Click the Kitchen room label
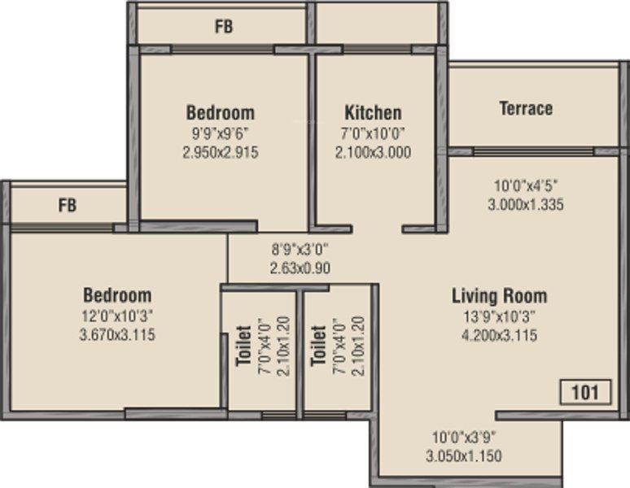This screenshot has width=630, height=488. [373, 113]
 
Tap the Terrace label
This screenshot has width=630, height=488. [526, 108]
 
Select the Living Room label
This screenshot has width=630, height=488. [500, 296]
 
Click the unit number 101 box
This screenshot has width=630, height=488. [586, 392]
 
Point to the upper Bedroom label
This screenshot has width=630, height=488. [221, 113]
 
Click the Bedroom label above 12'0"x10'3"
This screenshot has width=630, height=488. [117, 295]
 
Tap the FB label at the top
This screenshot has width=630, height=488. [224, 27]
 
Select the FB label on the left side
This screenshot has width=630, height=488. [67, 205]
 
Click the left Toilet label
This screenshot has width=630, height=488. [244, 346]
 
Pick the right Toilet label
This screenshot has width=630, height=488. [318, 346]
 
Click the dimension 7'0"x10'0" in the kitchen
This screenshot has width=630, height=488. [373, 133]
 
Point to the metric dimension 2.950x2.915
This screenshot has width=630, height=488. [221, 153]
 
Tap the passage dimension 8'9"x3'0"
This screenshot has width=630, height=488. [300, 249]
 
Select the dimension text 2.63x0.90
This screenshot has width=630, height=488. [300, 268]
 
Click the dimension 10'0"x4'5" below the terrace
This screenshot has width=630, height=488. [526, 185]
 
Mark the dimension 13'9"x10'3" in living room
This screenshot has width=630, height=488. [500, 316]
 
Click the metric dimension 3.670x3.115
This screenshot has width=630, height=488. [117, 334]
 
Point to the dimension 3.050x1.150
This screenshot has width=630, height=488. [464, 456]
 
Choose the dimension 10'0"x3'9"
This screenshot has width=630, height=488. [464, 437]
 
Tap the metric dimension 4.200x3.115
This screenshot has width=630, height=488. [500, 335]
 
